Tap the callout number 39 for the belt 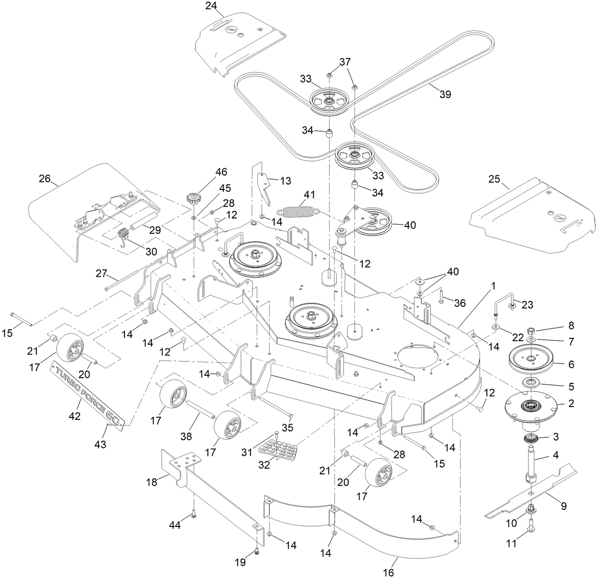coord(445,94)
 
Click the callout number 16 coord(388,573)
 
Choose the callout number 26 coord(45,180)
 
